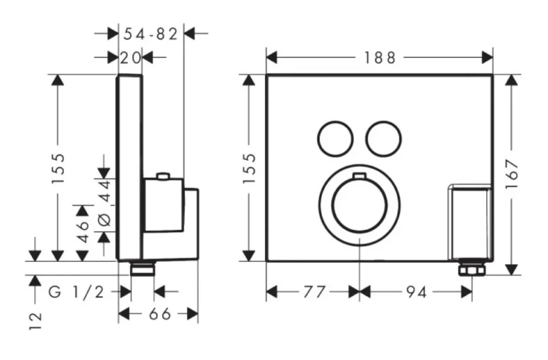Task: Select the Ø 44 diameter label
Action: click(104, 206)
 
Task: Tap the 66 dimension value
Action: click(156, 314)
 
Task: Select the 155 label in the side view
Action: click(57, 168)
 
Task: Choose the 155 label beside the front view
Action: click(248, 168)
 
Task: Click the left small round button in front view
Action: click(333, 139)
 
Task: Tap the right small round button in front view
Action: click(382, 139)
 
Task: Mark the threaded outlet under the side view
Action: click(143, 268)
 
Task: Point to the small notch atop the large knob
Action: click(358, 176)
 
